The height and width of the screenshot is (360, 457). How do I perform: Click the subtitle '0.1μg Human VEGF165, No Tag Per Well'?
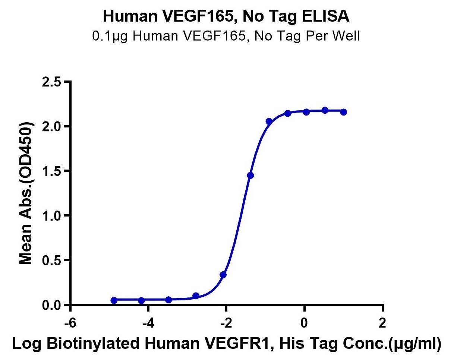pos(228,37)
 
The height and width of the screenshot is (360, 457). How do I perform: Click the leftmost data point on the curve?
pos(114,300)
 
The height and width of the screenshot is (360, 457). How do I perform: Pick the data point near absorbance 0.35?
pos(223,275)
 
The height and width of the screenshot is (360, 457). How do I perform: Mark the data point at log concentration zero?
pos(306,112)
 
